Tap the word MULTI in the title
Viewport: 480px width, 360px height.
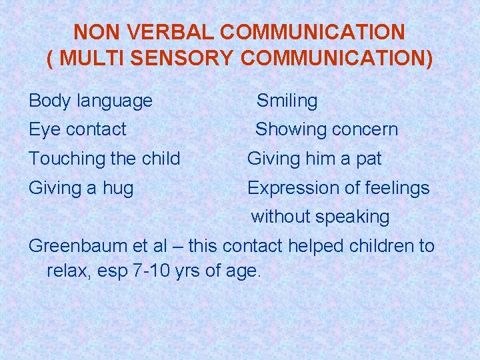point(91,59)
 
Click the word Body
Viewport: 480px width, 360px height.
point(50,101)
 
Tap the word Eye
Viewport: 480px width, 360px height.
point(44,129)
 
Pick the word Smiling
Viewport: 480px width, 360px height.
point(287,101)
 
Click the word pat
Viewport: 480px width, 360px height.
point(369,159)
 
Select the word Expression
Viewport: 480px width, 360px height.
point(289,188)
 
